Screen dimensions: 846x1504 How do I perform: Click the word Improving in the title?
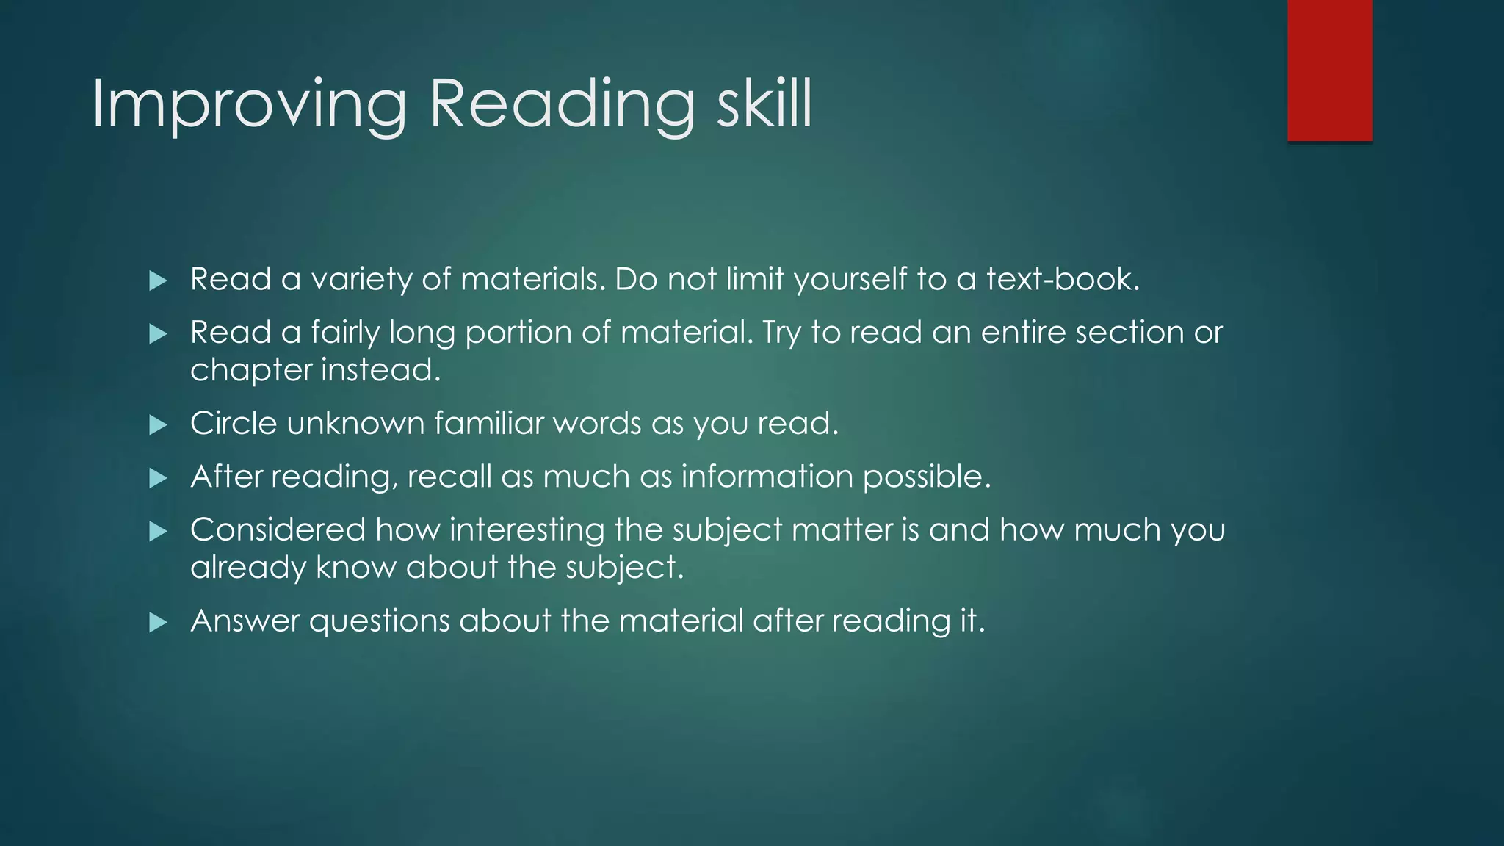tap(248, 104)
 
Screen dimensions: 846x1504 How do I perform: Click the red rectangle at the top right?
tap(1329, 70)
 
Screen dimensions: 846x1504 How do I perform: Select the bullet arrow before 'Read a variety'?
tap(158, 281)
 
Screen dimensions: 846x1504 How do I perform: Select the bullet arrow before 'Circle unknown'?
tap(158, 424)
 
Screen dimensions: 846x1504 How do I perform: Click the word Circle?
tap(234, 424)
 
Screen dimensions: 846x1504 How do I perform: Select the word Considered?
tap(278, 530)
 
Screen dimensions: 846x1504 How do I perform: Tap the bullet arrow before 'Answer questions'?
tap(158, 623)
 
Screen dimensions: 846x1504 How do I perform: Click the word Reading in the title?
tap(561, 104)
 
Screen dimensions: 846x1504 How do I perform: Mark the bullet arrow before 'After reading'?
tap(158, 479)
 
